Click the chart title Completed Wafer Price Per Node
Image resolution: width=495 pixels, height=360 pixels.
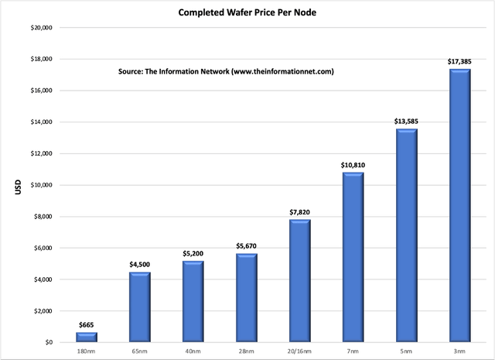tap(247, 12)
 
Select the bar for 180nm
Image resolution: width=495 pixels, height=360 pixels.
tap(86, 338)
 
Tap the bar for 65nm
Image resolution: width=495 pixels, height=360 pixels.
tap(139, 307)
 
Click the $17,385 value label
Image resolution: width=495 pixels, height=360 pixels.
tap(459, 60)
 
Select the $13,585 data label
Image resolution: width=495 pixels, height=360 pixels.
tap(406, 121)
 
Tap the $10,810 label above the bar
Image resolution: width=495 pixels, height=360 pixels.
tap(353, 164)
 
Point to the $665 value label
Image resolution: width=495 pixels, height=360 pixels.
tap(86, 324)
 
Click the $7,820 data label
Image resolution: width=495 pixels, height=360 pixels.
tap(299, 211)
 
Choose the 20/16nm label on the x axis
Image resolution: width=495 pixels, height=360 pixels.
tap(299, 351)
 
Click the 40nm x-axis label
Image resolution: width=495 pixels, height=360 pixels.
tap(193, 351)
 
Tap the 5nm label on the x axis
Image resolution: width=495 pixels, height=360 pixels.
tap(406, 351)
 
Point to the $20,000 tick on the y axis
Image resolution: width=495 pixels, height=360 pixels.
tap(39, 28)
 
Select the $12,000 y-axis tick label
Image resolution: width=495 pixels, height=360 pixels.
tap(39, 153)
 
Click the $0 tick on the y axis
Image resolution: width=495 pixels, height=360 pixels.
tap(47, 342)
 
